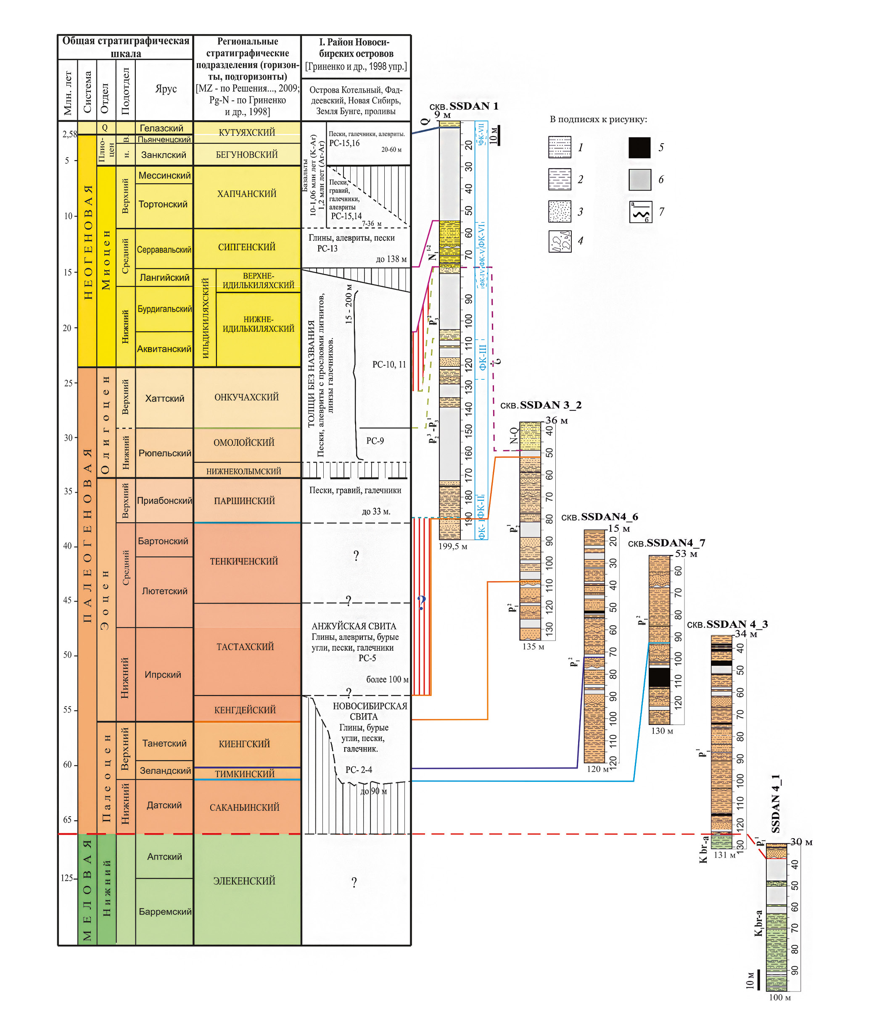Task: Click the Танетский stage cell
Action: [x=164, y=744]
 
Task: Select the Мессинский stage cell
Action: [x=164, y=175]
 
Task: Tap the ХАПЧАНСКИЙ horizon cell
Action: [x=247, y=194]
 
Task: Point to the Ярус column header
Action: [x=166, y=89]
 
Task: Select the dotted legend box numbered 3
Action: [x=560, y=212]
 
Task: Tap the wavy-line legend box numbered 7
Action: [x=640, y=212]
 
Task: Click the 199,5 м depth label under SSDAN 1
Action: [x=453, y=546]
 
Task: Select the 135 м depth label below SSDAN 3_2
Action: [x=533, y=647]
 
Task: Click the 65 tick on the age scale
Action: [x=68, y=820]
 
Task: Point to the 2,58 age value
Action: [x=69, y=134]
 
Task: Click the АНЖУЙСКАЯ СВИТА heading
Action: [x=354, y=626]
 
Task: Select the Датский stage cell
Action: [x=164, y=805]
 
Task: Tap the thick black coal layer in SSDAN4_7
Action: [x=659, y=676]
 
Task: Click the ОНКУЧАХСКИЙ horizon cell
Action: [x=246, y=397]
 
